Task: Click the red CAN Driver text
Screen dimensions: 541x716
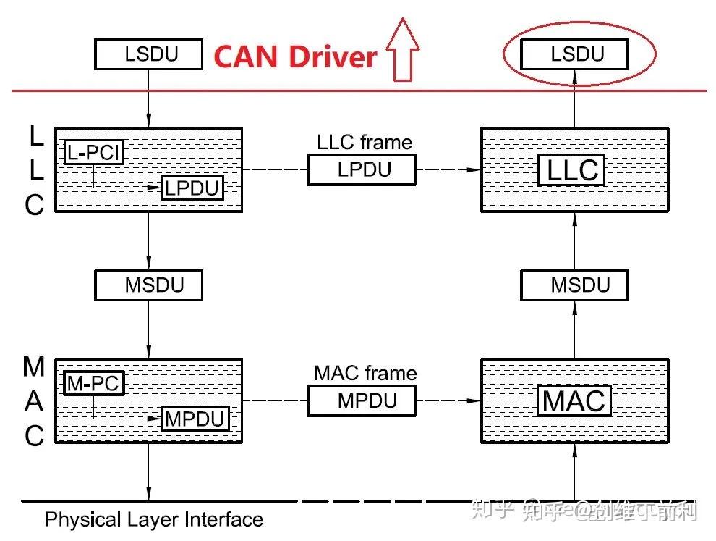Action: pyautogui.click(x=295, y=56)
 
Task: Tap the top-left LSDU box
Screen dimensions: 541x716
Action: pyautogui.click(x=149, y=54)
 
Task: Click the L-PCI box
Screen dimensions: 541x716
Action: pyautogui.click(x=94, y=152)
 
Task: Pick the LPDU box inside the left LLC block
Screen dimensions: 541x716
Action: pyautogui.click(x=192, y=188)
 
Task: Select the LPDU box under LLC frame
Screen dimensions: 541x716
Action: pyautogui.click(x=362, y=169)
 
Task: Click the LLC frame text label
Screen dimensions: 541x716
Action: pyautogui.click(x=365, y=142)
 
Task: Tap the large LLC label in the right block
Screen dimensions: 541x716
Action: pyautogui.click(x=572, y=170)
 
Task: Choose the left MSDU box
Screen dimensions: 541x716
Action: pyautogui.click(x=149, y=285)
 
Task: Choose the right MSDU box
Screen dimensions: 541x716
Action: pyautogui.click(x=575, y=285)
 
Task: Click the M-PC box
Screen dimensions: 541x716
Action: pyautogui.click(x=94, y=382)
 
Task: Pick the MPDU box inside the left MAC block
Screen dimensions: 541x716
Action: pyautogui.click(x=195, y=419)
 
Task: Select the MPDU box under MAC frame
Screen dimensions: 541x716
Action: pyautogui.click(x=362, y=400)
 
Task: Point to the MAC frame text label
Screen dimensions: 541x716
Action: pyautogui.click(x=365, y=373)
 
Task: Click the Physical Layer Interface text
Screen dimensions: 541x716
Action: pyautogui.click(x=154, y=519)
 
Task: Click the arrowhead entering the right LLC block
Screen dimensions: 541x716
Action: pyautogui.click(x=475, y=170)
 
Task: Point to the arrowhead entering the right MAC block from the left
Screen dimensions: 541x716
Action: pyautogui.click(x=475, y=400)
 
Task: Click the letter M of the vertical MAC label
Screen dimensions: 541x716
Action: pyautogui.click(x=34, y=367)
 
